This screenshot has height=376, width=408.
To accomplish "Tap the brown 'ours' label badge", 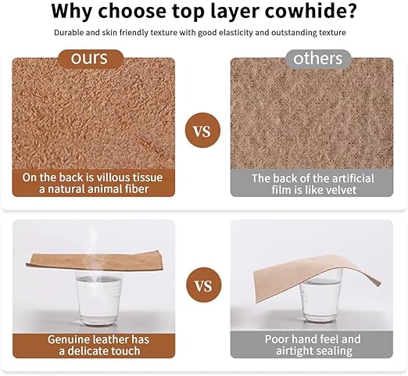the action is coord(90,59).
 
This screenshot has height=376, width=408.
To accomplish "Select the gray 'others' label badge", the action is coord(318,59).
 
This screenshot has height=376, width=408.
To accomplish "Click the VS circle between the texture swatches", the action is coord(202,131).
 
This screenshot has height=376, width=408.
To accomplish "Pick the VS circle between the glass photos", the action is coord(204,285).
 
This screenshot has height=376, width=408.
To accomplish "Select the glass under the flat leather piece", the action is coord(98,299).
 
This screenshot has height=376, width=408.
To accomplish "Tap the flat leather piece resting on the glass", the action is coord(95,261).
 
